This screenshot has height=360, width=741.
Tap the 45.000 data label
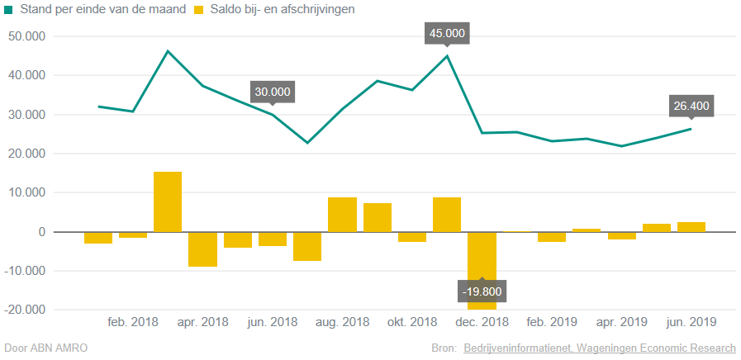click(x=447, y=34)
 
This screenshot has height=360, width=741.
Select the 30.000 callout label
click(x=273, y=92)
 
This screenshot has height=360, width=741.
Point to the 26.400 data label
click(x=691, y=106)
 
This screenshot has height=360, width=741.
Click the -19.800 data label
click(x=482, y=291)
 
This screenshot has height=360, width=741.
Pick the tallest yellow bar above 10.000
click(x=168, y=201)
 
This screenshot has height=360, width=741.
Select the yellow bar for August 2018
click(x=342, y=215)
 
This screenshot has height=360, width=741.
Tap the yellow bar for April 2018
click(x=202, y=249)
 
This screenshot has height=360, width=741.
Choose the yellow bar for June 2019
click(x=691, y=227)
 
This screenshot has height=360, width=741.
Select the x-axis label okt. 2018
click(x=412, y=322)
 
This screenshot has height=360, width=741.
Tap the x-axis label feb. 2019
click(x=552, y=322)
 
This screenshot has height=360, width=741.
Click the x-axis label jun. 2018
click(x=273, y=322)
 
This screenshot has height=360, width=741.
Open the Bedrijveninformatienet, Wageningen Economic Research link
click(x=599, y=348)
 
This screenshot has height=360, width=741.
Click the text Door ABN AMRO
click(x=46, y=348)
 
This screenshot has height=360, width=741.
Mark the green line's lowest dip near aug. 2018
click(x=307, y=143)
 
